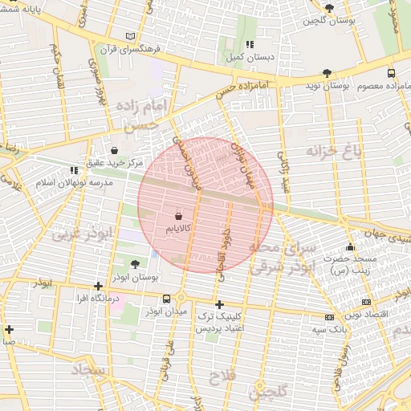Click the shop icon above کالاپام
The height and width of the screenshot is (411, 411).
[x=178, y=216]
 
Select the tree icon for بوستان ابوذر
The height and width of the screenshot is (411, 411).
[x=134, y=264]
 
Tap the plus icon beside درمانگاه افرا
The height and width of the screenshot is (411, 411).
[x=98, y=286]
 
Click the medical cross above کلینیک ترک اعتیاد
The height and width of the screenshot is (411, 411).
[x=219, y=304]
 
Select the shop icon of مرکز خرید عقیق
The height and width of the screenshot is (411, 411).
[x=115, y=150]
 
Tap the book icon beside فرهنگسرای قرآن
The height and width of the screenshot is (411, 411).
[x=132, y=36]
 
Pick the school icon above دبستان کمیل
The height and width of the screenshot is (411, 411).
[x=250, y=44]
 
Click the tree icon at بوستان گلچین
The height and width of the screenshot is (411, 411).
[x=328, y=7]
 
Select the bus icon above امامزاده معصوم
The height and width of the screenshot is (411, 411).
[x=391, y=72]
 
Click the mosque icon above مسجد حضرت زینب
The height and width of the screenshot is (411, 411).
[x=349, y=246]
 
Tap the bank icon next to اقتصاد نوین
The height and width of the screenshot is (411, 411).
[x=328, y=317]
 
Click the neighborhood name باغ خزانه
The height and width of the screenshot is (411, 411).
[x=334, y=150]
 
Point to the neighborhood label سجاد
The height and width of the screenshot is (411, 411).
[x=88, y=369]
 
